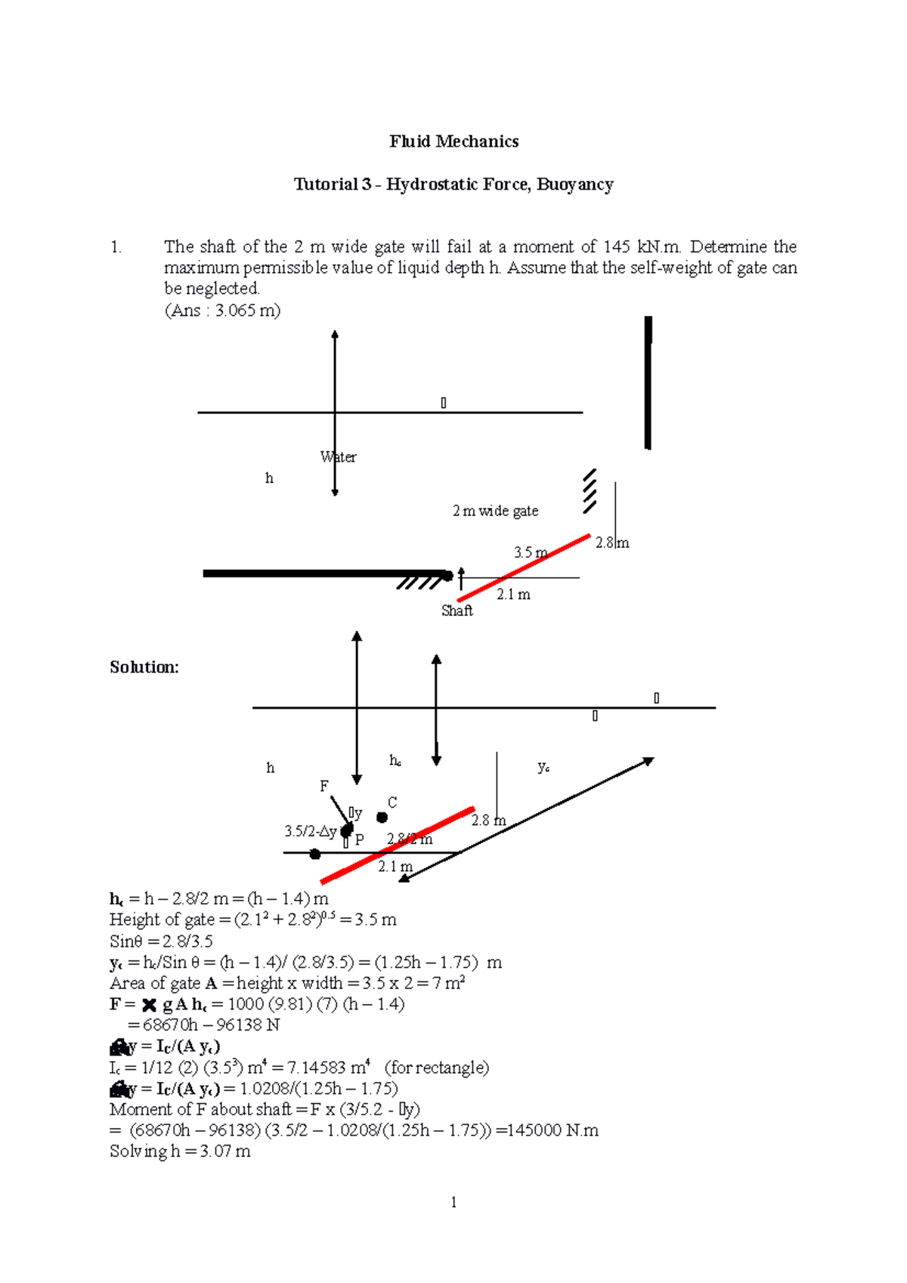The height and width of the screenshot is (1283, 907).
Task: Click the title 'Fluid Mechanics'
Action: point(453,141)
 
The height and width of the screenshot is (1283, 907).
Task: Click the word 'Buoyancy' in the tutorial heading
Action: point(574,184)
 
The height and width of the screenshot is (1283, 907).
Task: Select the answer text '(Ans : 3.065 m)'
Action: point(222,311)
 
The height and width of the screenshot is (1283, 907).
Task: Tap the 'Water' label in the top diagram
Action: point(338,457)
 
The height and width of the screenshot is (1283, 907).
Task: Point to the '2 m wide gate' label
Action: point(495,512)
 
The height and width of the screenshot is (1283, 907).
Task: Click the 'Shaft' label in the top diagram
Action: point(457,611)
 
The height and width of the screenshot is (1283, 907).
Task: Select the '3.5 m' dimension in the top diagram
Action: point(531,552)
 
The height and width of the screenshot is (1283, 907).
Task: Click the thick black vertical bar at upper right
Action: point(648,382)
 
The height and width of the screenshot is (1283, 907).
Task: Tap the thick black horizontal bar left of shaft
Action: point(325,573)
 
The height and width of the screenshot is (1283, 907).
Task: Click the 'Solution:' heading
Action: point(144,667)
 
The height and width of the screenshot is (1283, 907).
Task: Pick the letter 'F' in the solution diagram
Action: point(324,787)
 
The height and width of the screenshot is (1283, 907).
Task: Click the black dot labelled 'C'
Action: point(382,818)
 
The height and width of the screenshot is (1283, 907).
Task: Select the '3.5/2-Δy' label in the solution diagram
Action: point(310,831)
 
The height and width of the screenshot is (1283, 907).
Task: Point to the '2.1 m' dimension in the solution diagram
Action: point(395,867)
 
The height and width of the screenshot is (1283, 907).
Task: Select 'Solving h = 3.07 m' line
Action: point(180,1152)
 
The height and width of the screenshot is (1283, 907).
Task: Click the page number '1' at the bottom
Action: point(453,1202)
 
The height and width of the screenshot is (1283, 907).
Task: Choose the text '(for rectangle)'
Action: point(437,1068)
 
